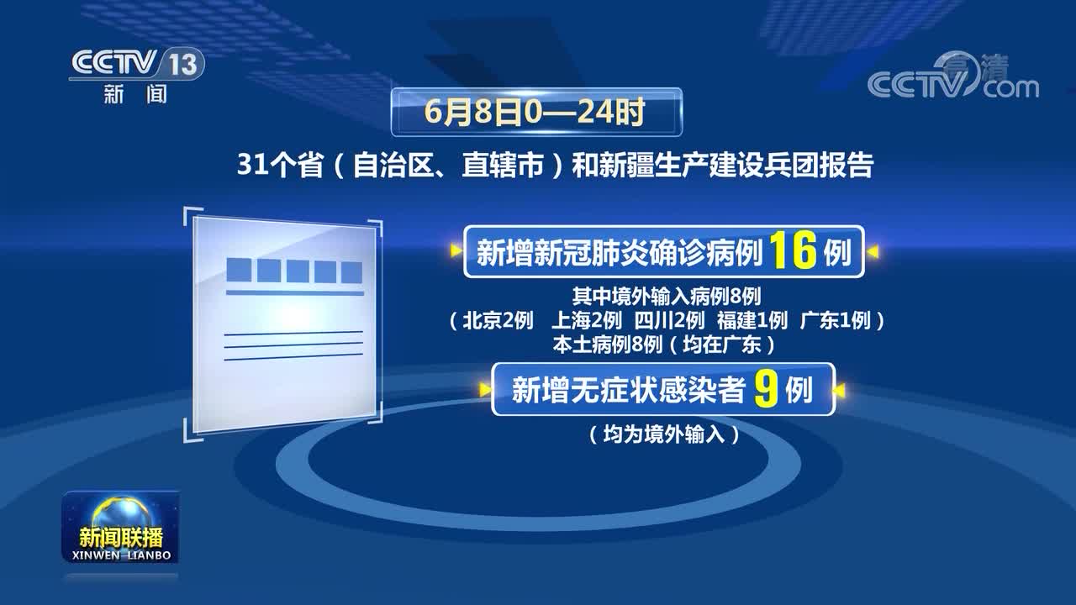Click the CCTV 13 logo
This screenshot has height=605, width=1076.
137,75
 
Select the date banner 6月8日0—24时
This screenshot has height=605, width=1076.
536,113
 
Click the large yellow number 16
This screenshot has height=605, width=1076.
793,250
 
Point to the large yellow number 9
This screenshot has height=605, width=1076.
765,389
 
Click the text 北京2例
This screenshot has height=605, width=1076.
498,320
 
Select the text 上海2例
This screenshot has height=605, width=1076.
587,320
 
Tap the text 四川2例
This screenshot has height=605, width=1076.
670,320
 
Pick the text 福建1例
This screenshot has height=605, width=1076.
752,320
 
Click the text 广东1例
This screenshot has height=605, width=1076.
836,320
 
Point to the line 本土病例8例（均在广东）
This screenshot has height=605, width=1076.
664,345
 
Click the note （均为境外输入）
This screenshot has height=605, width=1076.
664,434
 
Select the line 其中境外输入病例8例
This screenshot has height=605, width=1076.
667,297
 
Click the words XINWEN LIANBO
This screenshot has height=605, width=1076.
121,555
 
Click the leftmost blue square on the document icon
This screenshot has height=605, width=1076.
239,270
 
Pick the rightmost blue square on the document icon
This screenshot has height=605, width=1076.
351,272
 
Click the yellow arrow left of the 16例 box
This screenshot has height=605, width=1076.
456,250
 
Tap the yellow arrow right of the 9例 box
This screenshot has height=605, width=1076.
840,391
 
